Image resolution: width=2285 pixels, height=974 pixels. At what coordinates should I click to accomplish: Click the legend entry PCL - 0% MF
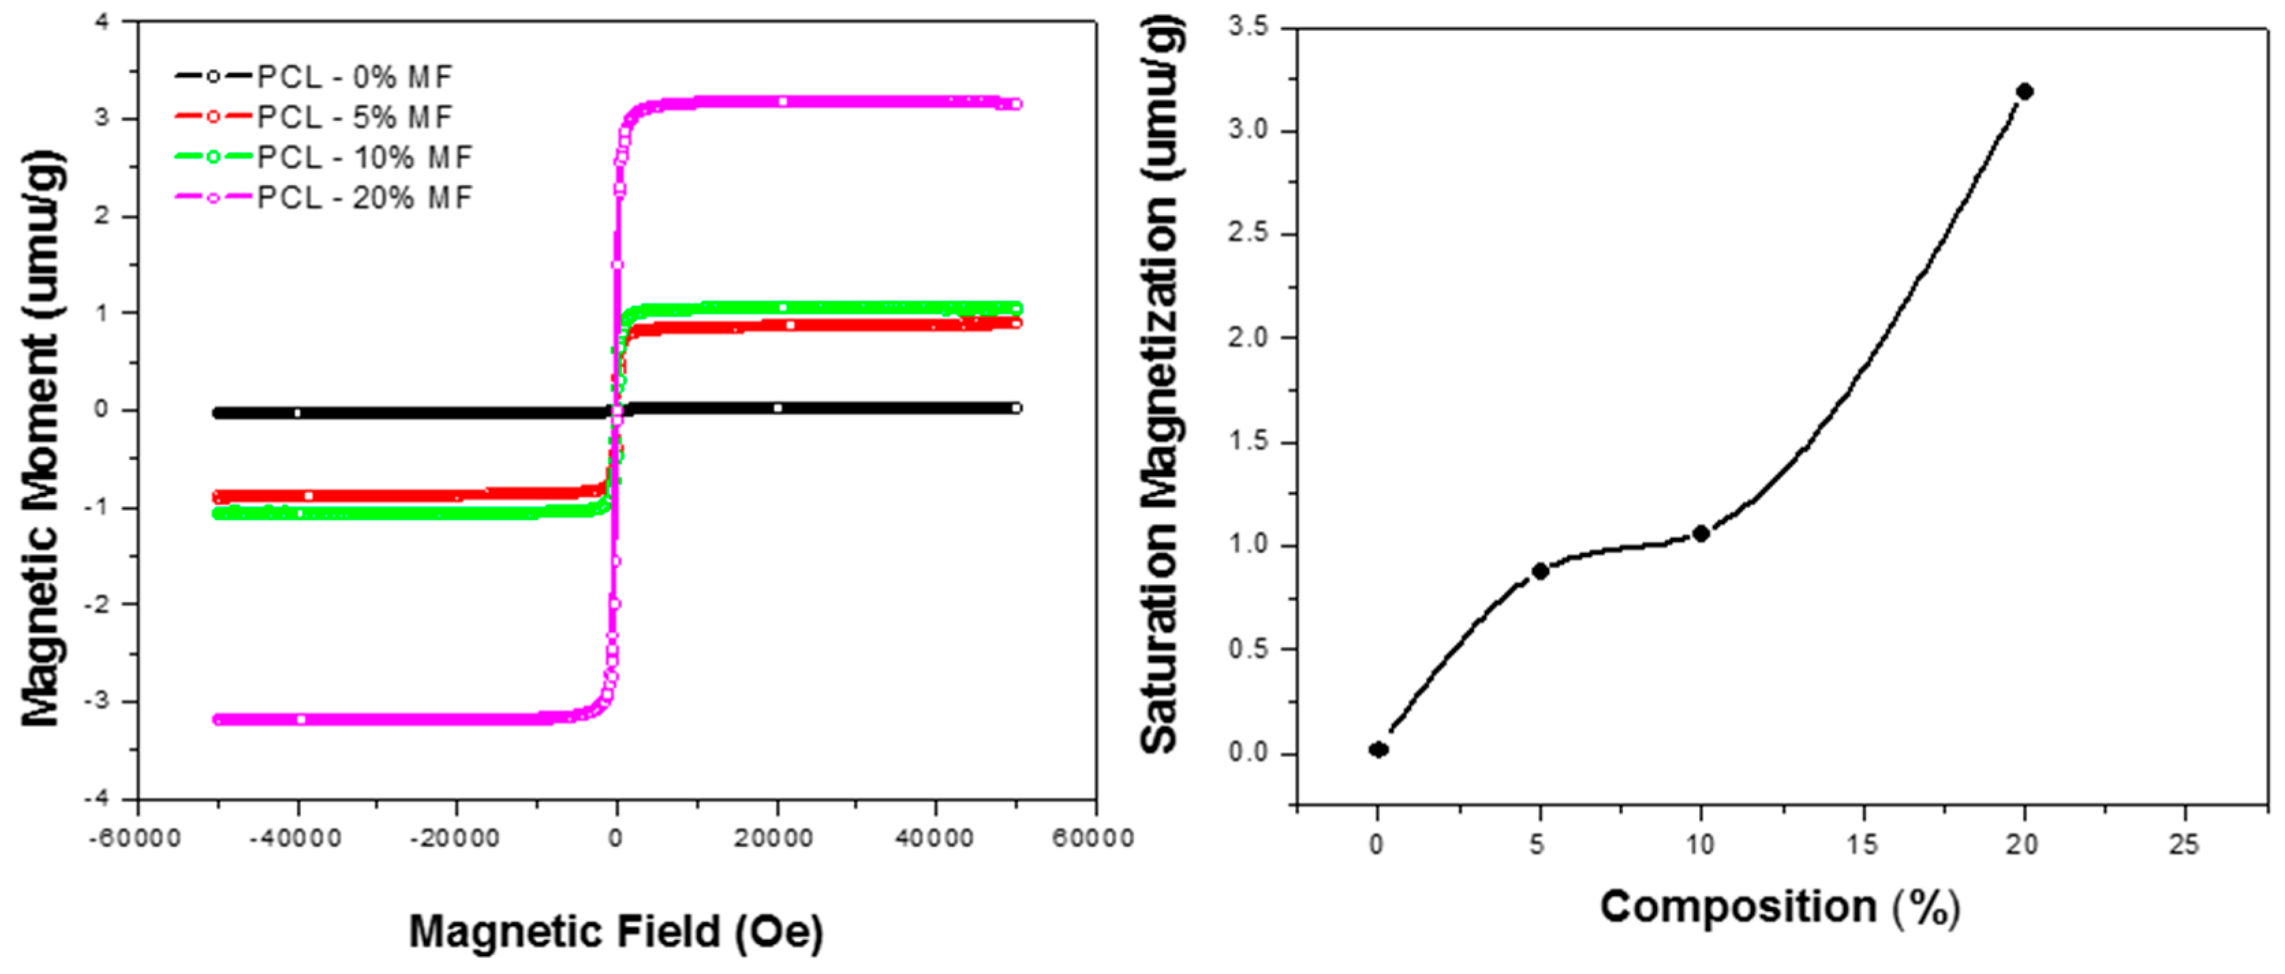tap(355, 77)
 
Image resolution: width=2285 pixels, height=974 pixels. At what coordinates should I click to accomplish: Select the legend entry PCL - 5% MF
tap(355, 117)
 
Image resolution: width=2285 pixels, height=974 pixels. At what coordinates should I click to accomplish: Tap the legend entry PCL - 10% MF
tap(365, 158)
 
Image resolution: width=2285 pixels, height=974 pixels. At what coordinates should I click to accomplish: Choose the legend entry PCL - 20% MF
tap(365, 198)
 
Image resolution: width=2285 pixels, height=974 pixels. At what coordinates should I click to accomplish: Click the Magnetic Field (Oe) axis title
tap(616, 932)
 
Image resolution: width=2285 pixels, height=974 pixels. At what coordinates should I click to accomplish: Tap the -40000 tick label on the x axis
tap(296, 838)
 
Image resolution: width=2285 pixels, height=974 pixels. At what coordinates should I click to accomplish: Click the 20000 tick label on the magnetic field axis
tap(774, 838)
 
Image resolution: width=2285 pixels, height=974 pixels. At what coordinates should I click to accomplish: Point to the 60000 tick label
tap(1093, 838)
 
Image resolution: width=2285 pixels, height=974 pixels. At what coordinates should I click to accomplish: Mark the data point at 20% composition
tap(2025, 91)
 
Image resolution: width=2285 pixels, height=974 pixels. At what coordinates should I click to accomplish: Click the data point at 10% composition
tap(1701, 533)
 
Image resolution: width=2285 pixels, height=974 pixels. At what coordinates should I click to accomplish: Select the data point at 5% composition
tap(1540, 571)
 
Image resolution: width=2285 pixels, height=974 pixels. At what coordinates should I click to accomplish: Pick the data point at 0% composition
tap(1378, 749)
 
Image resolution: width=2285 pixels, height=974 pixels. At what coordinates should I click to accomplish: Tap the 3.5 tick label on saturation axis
tap(1248, 27)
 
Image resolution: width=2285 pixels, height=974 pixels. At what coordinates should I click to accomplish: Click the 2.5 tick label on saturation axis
tap(1248, 234)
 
